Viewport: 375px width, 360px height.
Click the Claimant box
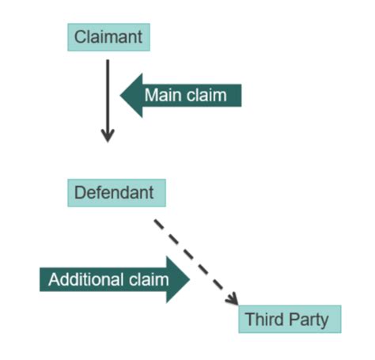pos(108,36)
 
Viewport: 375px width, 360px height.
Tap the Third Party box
pos(290,320)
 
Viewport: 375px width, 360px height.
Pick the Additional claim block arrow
pos(111,279)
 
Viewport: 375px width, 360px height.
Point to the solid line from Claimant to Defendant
pos(108,95)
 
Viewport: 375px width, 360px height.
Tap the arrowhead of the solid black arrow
pos(108,136)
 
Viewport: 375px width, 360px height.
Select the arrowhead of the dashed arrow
pos(232,300)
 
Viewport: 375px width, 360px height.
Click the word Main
pos(161,96)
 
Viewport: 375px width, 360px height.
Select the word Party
pos(312,320)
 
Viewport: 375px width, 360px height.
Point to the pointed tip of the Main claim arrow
pos(122,96)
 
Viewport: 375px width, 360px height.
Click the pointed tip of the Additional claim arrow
pos(190,279)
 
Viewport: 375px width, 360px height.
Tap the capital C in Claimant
pos(80,36)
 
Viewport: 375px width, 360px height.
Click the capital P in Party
pos(297,320)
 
